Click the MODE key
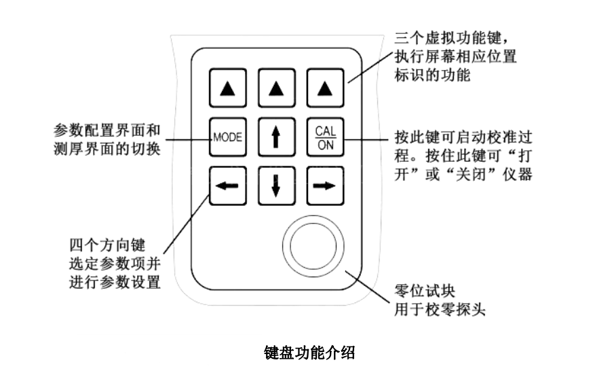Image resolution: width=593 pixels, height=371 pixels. tap(227, 136)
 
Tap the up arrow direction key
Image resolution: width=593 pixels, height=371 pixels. tap(274, 136)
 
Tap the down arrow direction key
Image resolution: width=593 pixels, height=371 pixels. tap(274, 185)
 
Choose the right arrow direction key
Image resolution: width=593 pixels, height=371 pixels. tap(322, 185)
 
